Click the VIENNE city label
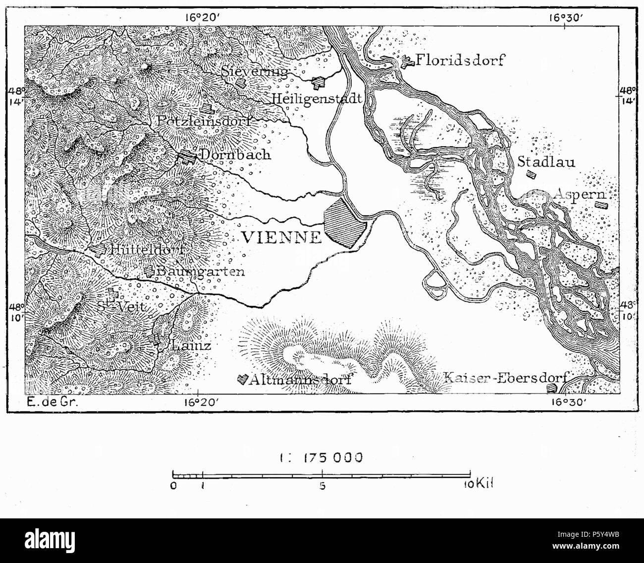click(x=281, y=237)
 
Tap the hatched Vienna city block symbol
click(x=345, y=223)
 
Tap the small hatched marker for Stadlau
click(x=531, y=174)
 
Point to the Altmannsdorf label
click(x=300, y=380)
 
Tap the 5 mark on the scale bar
click(x=322, y=486)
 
